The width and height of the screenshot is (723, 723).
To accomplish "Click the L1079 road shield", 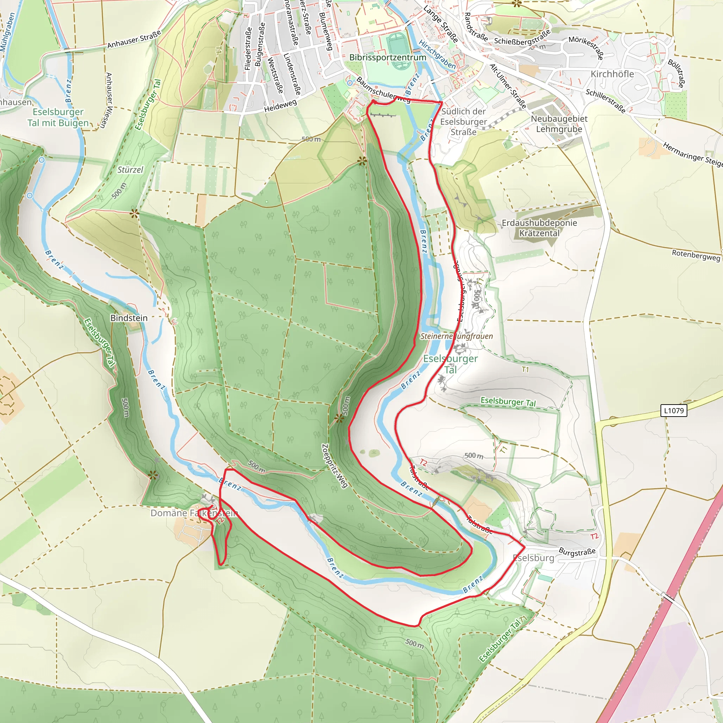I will click(674, 411).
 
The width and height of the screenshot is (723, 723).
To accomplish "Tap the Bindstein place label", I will click(129, 318).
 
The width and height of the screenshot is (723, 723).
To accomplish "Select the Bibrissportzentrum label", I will click(388, 57).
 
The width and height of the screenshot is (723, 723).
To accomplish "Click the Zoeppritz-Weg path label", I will click(335, 466).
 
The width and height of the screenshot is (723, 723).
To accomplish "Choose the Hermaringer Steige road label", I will click(692, 154).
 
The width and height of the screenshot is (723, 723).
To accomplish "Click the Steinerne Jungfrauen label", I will click(456, 336).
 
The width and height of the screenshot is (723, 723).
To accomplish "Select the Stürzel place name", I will click(130, 169).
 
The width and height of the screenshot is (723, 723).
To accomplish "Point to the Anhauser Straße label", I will click(134, 39).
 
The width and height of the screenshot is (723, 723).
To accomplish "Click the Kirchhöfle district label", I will click(612, 74).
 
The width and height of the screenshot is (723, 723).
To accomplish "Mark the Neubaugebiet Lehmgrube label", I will click(559, 124).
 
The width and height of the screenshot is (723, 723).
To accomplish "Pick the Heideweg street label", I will click(280, 106).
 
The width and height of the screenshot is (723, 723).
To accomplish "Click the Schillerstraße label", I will click(605, 101).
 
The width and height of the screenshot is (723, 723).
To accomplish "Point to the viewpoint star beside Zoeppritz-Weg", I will click(339, 418).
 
